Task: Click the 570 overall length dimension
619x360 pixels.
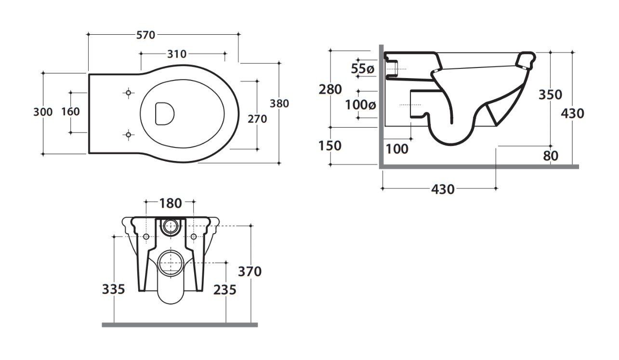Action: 145,35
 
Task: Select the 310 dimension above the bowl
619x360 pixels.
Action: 177,54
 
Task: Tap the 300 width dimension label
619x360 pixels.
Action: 43,112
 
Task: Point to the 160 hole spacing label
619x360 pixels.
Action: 70,112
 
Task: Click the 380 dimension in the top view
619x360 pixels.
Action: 279,104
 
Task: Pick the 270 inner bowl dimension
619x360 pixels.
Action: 257,119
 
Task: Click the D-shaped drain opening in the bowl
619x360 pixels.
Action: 165,114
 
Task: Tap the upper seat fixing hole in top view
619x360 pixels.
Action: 128,93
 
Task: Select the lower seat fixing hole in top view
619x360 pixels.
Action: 128,135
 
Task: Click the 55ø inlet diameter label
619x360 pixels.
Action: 363,68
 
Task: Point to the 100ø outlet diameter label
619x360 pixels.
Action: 361,105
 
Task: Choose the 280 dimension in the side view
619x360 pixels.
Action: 330,89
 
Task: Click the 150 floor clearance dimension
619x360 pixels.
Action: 330,146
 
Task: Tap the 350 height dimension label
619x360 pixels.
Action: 550,94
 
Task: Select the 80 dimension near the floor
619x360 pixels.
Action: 551,156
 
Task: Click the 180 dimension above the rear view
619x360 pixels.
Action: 171,203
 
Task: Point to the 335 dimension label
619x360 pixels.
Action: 114,289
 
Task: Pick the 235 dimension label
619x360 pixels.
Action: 225,290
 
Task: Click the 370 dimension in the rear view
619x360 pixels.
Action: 250,271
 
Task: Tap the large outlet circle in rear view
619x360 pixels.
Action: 171,263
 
